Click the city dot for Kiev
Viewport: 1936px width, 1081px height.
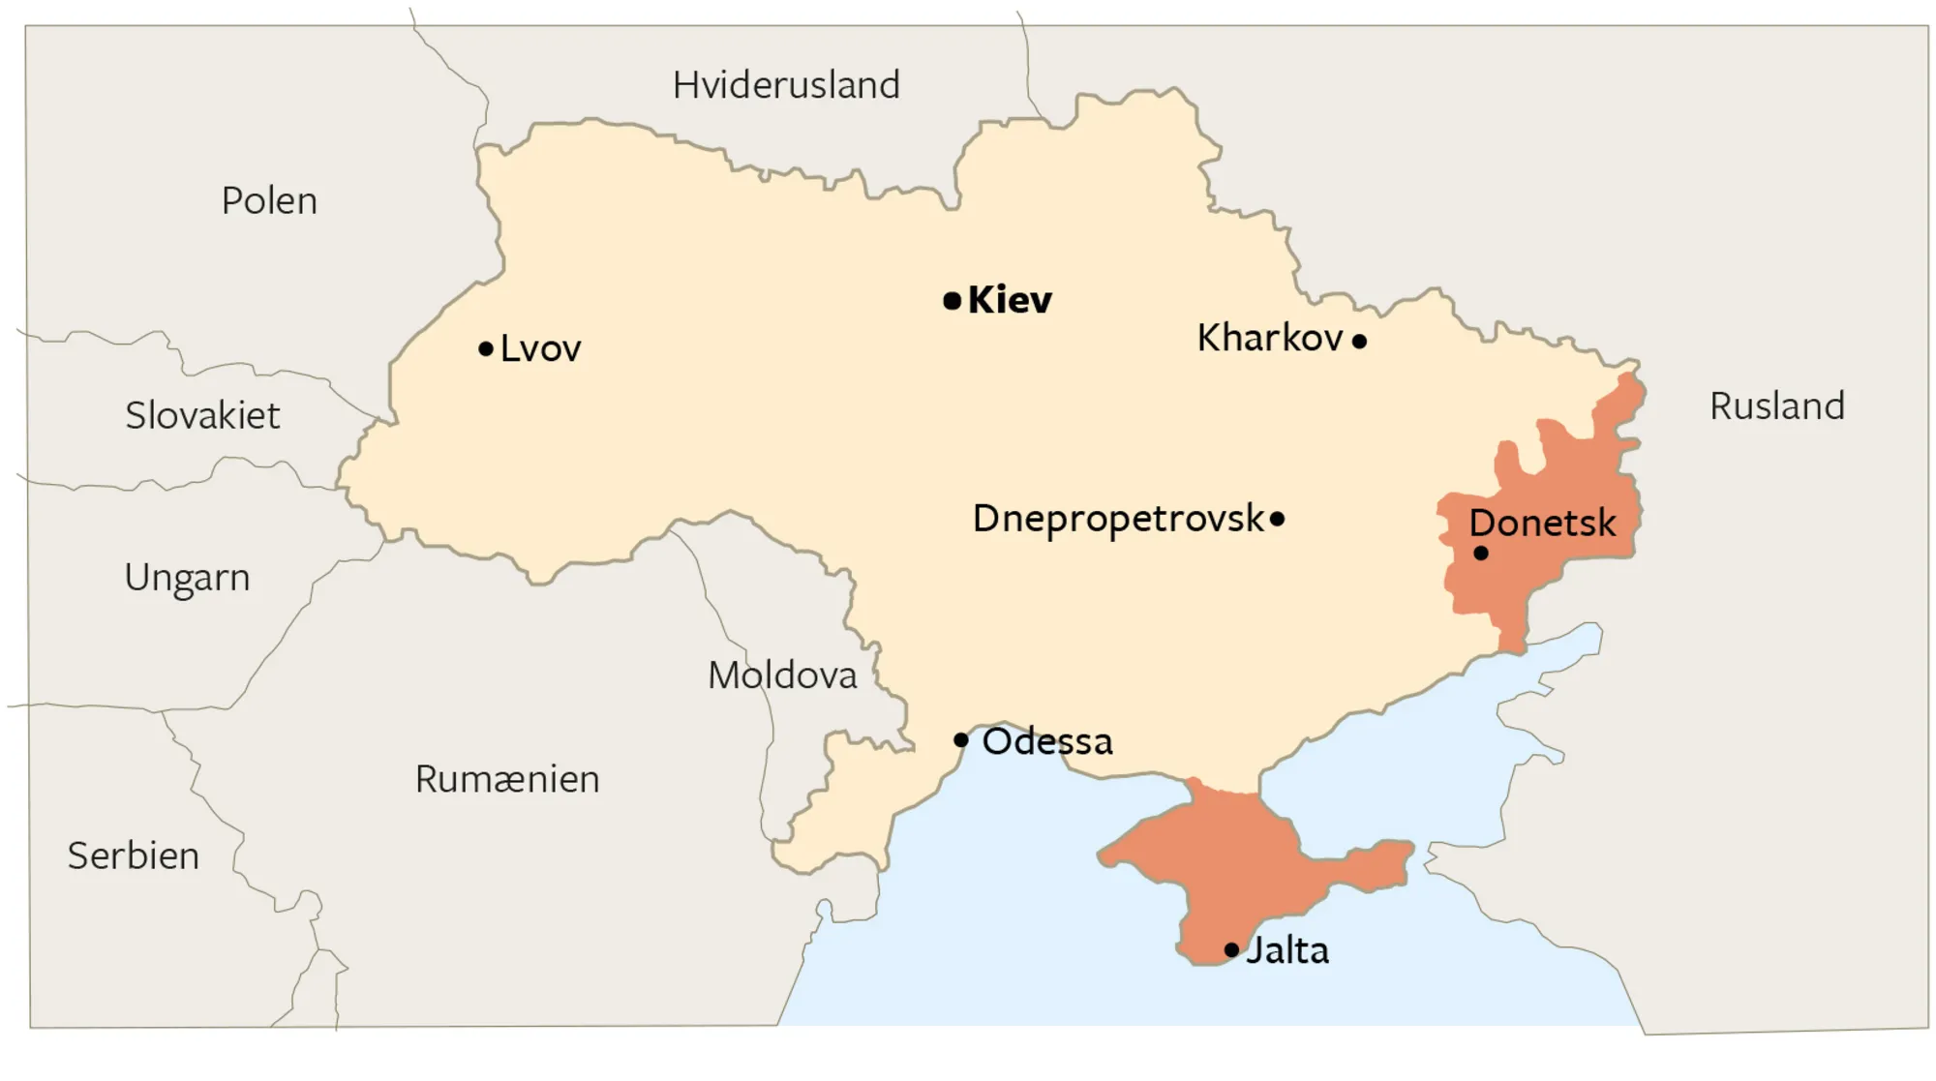point(952,301)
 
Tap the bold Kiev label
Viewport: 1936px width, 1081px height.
point(1010,300)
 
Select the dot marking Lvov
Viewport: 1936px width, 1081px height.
point(486,348)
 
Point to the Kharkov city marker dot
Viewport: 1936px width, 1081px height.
point(1359,341)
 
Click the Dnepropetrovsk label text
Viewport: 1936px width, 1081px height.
point(1118,520)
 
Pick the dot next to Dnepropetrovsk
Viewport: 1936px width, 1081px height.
point(1277,519)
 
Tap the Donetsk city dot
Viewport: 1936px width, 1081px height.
point(1481,554)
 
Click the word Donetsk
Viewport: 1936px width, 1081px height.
point(1542,524)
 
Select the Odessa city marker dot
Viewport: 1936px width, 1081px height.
point(960,740)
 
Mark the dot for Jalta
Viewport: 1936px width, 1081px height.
point(1231,950)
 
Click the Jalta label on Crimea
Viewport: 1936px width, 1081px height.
point(1287,950)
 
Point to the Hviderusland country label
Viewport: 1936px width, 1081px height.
point(786,85)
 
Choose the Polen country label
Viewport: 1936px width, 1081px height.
point(269,201)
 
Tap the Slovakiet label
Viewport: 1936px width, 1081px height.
point(202,416)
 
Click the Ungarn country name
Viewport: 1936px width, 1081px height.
point(187,578)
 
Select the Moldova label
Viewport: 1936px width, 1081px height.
point(782,676)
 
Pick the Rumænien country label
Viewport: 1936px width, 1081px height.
point(507,779)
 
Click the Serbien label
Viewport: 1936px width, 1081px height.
point(134,856)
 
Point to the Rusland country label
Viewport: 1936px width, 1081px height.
point(1777,406)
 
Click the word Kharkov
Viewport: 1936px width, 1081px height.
point(1270,339)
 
